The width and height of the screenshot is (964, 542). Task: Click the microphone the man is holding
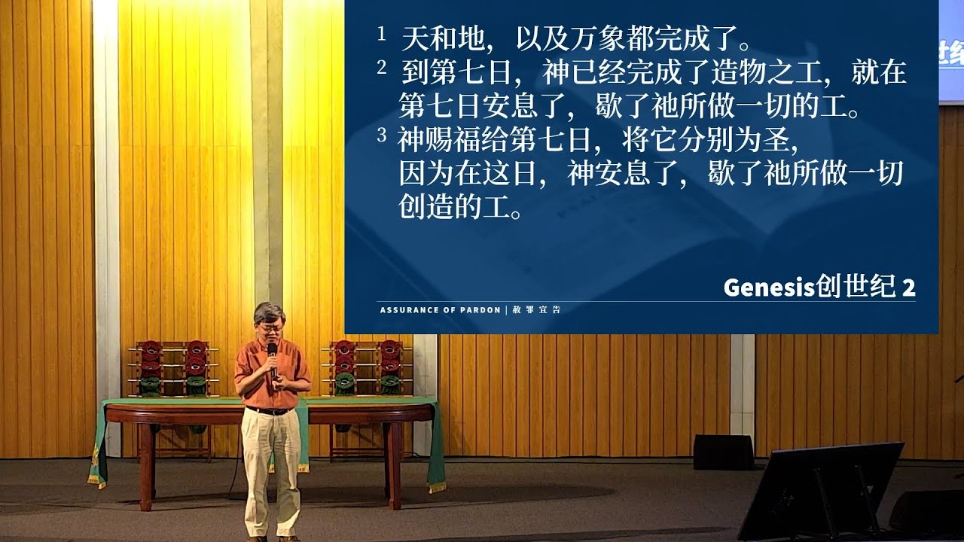tap(272, 361)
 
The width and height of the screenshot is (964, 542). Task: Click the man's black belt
tap(270, 411)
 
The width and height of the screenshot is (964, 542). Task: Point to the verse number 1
tap(381, 34)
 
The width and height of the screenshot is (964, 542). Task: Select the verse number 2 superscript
tap(381, 68)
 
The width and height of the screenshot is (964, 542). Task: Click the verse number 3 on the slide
tap(381, 135)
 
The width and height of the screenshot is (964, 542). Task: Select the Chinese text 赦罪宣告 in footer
tap(537, 309)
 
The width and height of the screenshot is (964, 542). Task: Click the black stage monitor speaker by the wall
tap(723, 452)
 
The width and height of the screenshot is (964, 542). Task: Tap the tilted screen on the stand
tap(820, 490)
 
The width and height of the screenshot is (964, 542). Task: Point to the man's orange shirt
tap(272, 374)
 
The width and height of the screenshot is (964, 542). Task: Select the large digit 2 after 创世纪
tap(908, 288)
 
